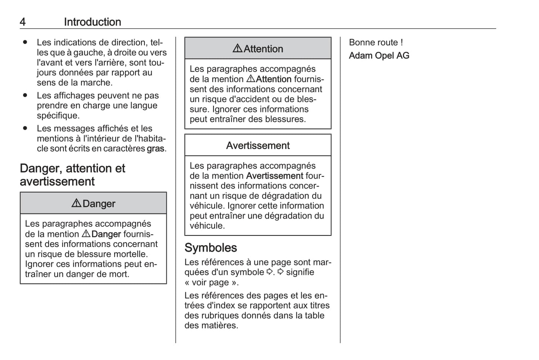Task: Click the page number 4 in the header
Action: point(23,22)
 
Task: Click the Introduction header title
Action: point(93,22)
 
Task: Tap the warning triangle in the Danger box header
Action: point(76,203)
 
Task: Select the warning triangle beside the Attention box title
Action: point(237,48)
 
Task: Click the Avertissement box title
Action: point(258,145)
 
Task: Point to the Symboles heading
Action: point(211,248)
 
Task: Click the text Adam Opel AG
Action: point(379,56)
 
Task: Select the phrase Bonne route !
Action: point(376,43)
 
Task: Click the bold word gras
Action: point(156,148)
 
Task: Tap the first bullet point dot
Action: point(25,42)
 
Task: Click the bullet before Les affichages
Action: point(25,96)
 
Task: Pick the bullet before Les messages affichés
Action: point(25,128)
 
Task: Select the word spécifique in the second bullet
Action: point(58,116)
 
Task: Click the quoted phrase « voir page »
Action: point(211,282)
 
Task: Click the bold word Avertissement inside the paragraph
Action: point(275,176)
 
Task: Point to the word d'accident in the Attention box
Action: point(253,99)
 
